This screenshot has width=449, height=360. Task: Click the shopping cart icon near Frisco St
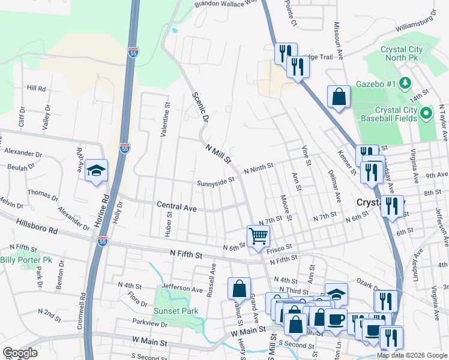point(258,235)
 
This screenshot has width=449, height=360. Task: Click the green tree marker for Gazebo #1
point(406,83)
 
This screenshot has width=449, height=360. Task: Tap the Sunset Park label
point(175,311)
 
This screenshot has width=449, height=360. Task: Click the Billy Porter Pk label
point(26,260)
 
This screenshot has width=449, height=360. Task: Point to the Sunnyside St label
point(215,181)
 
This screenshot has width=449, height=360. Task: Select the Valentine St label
point(163,119)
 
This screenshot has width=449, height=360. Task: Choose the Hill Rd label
point(36,88)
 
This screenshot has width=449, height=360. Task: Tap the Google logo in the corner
point(20,353)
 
